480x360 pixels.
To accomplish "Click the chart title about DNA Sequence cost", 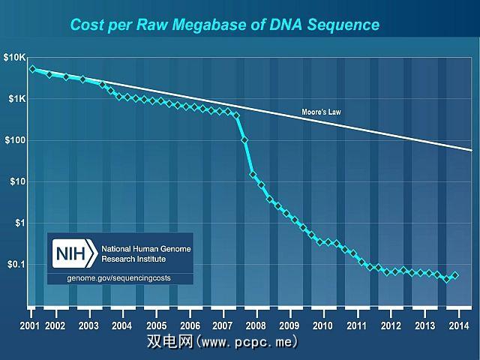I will coord(225,25).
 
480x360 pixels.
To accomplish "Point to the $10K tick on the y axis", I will coord(14,58).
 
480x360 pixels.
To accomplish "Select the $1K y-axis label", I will coord(16,99).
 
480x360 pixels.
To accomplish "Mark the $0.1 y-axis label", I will coord(16,264).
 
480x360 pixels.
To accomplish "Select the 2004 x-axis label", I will coord(122,325).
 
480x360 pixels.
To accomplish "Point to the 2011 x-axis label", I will coord(357,325).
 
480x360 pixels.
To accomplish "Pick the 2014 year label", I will coord(458,325).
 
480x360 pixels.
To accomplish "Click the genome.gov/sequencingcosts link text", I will coord(120,279).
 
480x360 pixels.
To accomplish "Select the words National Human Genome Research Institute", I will coord(142,253).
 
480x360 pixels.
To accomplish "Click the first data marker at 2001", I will coord(32,69).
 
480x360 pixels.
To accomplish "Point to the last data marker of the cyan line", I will coord(455,275).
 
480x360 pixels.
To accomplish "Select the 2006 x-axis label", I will coord(190,325).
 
